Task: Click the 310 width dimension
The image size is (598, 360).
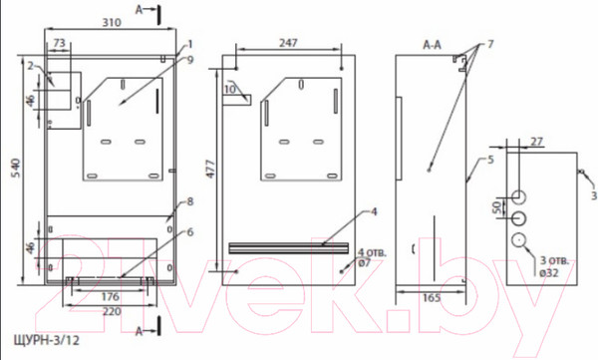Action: point(112,23)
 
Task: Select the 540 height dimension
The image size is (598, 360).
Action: point(15,169)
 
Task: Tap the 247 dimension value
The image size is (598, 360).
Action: point(288,43)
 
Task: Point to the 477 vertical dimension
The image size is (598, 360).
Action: point(210,170)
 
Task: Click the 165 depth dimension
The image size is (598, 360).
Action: point(432,298)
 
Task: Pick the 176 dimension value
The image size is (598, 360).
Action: point(111,296)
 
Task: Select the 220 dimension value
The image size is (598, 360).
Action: point(112,311)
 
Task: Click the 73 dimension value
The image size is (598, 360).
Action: point(59,43)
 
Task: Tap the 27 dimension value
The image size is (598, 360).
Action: point(536,142)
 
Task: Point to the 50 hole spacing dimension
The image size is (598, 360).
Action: point(496,207)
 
